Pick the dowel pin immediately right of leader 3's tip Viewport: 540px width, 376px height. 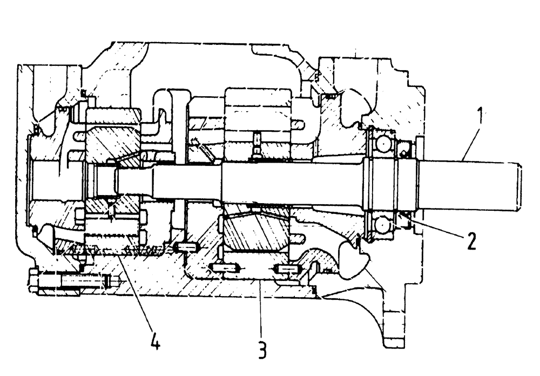[286, 269]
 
